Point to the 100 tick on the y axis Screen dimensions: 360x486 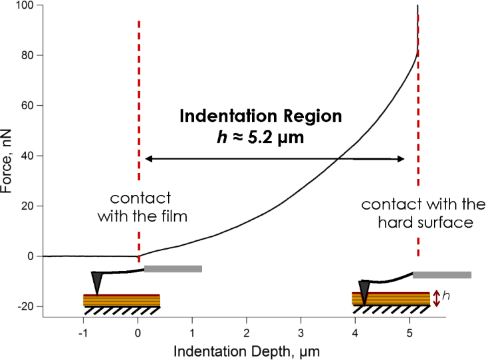point(31,5)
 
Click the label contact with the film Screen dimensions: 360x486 point(141,207)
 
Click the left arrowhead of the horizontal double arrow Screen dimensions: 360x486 point(148,158)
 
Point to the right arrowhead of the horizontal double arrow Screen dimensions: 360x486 point(401,158)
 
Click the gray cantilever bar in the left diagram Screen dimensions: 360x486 point(173,269)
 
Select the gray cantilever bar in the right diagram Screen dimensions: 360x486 point(442,275)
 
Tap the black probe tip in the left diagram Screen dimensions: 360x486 point(98,282)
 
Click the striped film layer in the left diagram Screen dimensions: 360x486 point(122,301)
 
